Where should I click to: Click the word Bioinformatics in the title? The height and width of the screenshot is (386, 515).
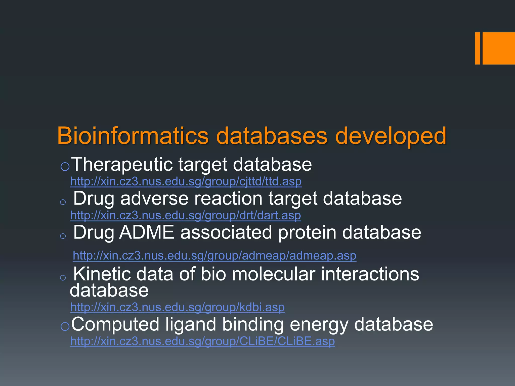(x=133, y=136)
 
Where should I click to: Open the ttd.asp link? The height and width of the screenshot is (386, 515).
(x=186, y=181)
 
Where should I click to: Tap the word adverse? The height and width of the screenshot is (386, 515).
(x=154, y=199)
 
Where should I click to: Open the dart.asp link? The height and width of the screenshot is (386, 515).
(x=186, y=215)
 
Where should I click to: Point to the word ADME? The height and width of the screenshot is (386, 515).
(x=147, y=232)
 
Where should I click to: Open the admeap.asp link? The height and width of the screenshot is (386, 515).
(x=214, y=256)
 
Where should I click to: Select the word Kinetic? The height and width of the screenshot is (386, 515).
(x=102, y=274)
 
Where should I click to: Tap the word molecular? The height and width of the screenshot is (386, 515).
(x=273, y=274)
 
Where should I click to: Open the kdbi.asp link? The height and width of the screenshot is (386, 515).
(x=177, y=307)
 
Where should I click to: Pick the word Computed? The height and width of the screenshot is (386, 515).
(x=115, y=324)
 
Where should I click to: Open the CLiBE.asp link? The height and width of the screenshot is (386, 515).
(x=202, y=341)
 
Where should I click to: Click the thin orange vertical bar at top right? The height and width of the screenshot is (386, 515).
(x=477, y=48)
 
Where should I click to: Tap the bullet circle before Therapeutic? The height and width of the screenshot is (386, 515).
(x=65, y=166)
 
